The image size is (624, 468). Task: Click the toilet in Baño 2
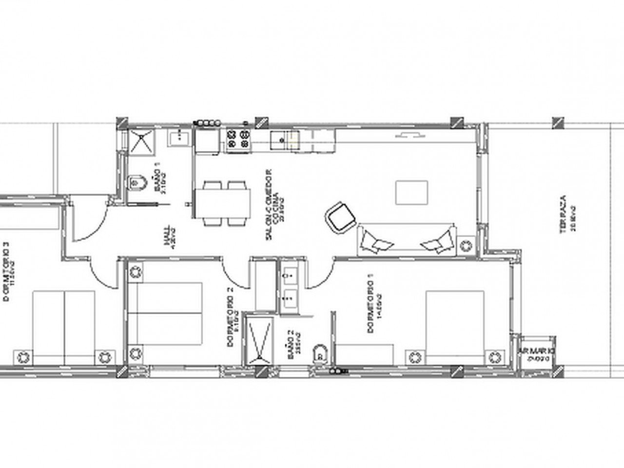(x=320, y=353)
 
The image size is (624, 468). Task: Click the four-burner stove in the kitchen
(x=238, y=137)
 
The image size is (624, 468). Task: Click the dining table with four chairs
(x=223, y=203)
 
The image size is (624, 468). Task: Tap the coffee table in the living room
(x=411, y=192)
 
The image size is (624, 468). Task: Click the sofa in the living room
(x=408, y=240)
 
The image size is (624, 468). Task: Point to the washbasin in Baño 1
(x=179, y=137)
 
